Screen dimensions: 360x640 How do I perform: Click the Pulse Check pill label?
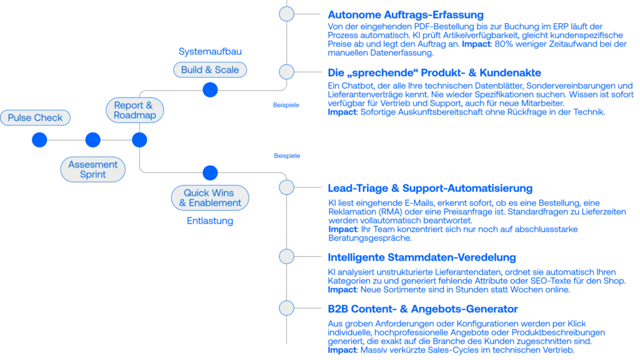tap(35, 117)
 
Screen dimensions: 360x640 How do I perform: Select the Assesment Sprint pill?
tap(92, 169)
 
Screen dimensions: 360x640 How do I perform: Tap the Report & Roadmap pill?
tap(134, 110)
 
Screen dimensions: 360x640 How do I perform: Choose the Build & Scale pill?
tap(210, 70)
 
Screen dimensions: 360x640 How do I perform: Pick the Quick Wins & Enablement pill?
tap(210, 198)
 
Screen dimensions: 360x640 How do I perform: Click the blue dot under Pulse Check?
tap(39, 141)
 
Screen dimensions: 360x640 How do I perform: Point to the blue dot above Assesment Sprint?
tap(92, 141)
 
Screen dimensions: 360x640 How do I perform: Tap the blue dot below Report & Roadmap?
tap(139, 141)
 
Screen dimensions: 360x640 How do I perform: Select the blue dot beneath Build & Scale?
tap(211, 91)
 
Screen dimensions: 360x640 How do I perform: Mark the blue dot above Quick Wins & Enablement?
tap(211, 173)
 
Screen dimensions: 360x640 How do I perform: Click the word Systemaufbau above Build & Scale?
tap(210, 51)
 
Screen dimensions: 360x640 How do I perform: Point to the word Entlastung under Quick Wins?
tap(210, 221)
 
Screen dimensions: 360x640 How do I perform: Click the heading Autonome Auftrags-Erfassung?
tap(406, 14)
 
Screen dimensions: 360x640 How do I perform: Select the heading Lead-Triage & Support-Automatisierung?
tap(430, 188)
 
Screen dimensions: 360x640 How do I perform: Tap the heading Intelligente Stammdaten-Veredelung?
tap(422, 257)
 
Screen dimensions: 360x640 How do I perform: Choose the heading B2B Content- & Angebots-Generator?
tap(422, 309)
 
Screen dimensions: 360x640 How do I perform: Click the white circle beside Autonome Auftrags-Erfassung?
tap(286, 14)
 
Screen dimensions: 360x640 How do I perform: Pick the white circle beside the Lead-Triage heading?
tap(286, 187)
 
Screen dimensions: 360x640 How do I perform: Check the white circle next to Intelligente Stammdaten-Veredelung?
tap(286, 257)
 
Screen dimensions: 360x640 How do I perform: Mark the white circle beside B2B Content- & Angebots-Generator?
tap(286, 308)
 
